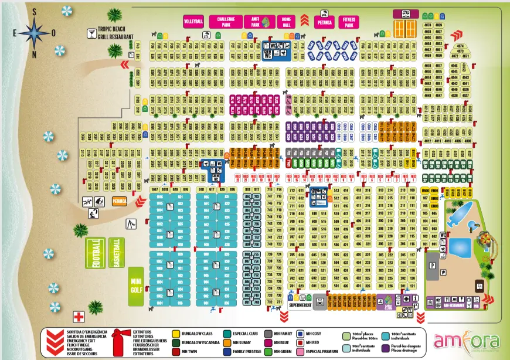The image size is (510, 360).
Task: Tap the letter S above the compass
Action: point(35,11)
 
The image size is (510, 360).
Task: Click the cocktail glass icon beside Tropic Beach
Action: point(91,34)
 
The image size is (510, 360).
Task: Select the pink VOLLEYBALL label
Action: point(193,21)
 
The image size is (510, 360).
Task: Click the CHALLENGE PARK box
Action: point(226,22)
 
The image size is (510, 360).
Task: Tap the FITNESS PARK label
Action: point(349,22)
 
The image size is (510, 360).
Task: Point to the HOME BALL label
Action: point(286,22)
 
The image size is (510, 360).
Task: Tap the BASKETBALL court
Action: point(117,253)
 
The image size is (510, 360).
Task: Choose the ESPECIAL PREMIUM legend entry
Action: point(317,352)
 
